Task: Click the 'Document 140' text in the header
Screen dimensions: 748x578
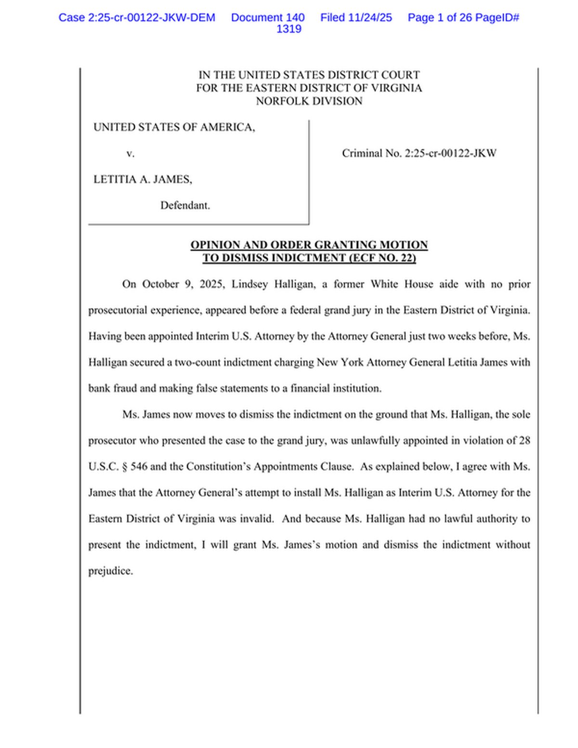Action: coord(268,18)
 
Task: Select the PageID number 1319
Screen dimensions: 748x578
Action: coord(289,29)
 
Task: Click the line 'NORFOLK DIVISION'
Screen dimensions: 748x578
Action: coord(309,101)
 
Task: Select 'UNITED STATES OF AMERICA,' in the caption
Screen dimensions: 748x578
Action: coord(174,127)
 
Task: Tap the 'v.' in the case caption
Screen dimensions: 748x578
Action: coord(130,154)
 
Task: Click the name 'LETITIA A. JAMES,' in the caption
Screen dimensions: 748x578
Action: coord(143,179)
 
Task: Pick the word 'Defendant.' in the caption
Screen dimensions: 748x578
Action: coord(185,205)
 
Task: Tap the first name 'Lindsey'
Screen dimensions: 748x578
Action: coord(250,284)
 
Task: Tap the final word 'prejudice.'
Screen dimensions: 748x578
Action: coord(110,571)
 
